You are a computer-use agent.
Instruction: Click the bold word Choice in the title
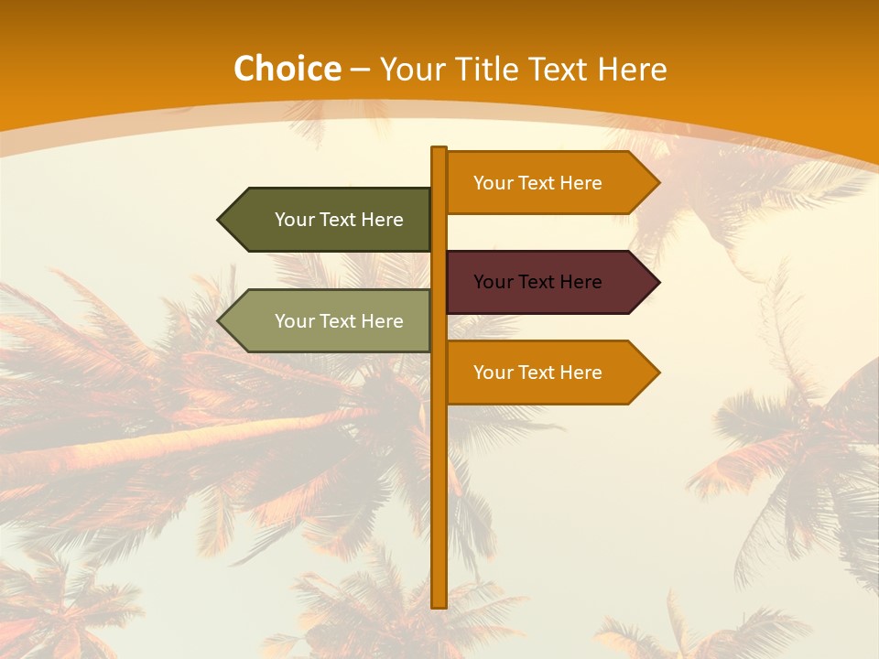click(287, 70)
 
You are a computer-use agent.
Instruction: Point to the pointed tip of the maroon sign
click(657, 282)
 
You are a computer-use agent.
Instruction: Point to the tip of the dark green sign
click(220, 220)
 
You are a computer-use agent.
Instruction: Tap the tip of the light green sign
click(220, 321)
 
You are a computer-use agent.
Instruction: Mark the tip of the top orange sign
click(657, 183)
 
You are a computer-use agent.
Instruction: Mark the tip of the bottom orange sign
click(657, 373)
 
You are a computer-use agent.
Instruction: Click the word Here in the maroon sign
click(581, 282)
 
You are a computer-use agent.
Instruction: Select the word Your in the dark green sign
click(295, 220)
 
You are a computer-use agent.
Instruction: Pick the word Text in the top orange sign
click(537, 183)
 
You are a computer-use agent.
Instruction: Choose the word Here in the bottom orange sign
click(581, 373)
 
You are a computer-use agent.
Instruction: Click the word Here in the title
click(634, 70)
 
